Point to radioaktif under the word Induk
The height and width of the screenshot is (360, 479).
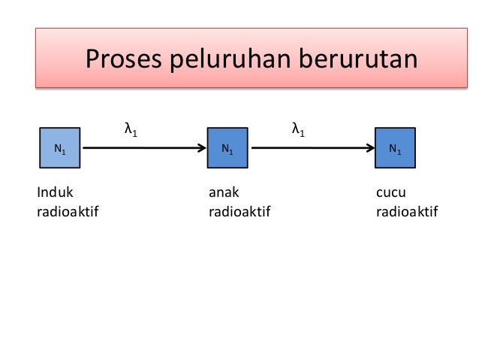coord(68,212)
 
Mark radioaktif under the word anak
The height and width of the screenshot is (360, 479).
coord(239,212)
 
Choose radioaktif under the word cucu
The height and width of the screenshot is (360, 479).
coord(407,212)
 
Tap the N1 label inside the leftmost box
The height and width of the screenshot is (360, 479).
coord(59,150)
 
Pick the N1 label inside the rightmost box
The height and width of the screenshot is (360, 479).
coord(394,150)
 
